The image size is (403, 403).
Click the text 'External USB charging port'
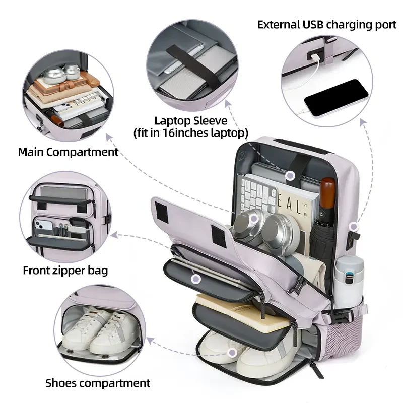pyautogui.click(x=326, y=24)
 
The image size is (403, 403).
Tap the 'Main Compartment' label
pyautogui.click(x=68, y=152)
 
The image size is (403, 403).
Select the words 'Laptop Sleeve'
pyautogui.click(x=190, y=121)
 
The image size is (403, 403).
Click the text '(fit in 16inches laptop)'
pyautogui.click(x=190, y=133)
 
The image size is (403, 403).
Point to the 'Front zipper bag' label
pyautogui.click(x=65, y=271)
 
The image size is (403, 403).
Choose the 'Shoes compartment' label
pyautogui.click(x=98, y=383)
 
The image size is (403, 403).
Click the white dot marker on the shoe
pyautogui.click(x=232, y=353)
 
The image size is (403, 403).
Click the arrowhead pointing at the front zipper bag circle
pyautogui.click(x=115, y=234)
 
